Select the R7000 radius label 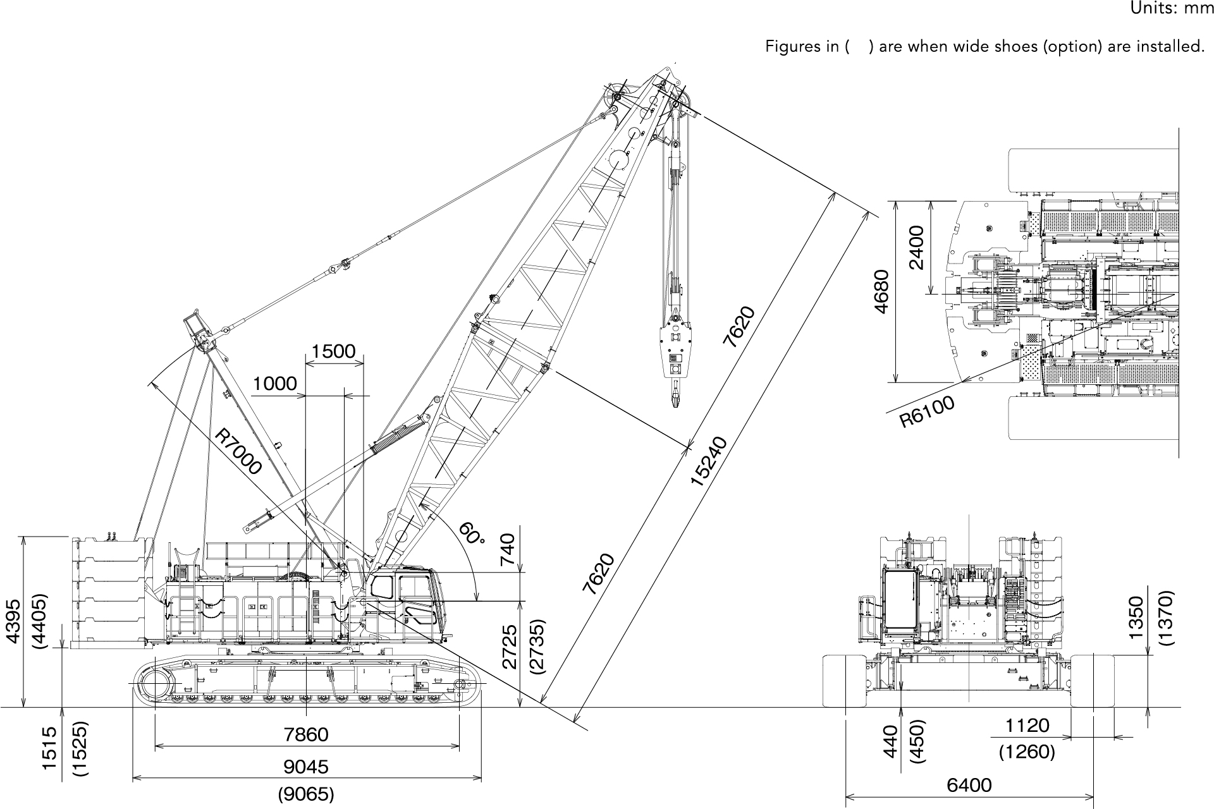(237, 451)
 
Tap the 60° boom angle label (471, 533)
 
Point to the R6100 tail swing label (927, 411)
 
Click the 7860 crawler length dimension (306, 734)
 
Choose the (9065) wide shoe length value (306, 794)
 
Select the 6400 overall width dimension (969, 786)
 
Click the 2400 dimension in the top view (916, 247)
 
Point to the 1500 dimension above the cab (333, 351)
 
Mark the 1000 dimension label (274, 384)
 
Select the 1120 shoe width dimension (1027, 726)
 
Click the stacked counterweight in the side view (111, 591)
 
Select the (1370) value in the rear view (1166, 617)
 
